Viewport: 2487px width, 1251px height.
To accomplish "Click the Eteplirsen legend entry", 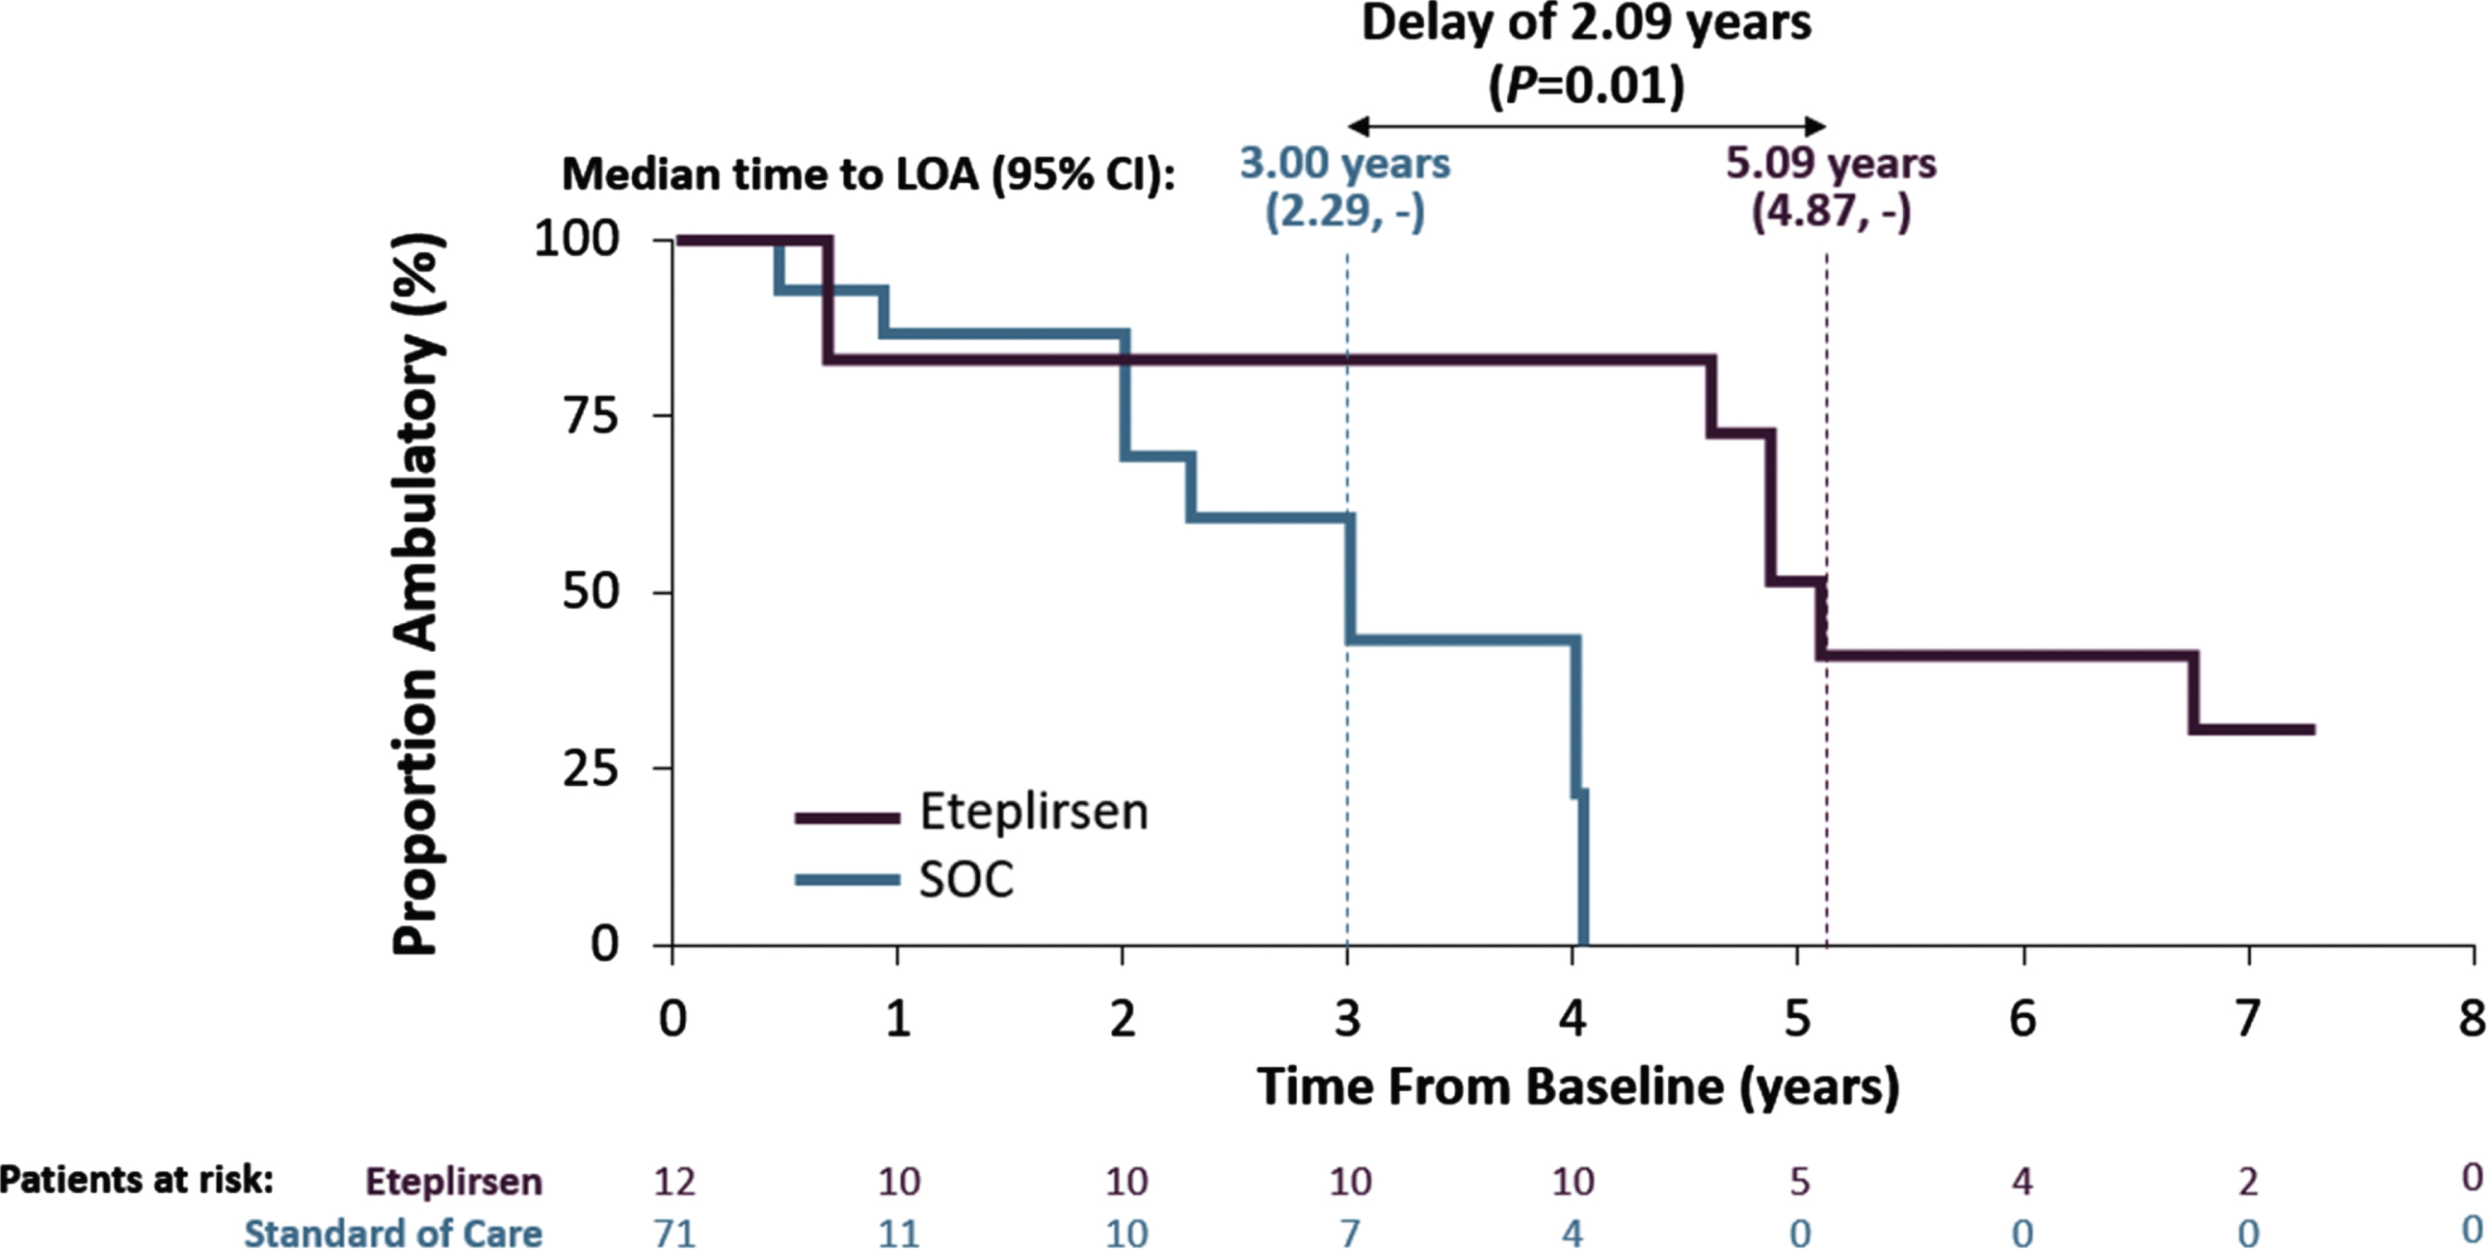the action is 971,813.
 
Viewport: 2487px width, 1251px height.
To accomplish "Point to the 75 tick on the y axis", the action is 590,416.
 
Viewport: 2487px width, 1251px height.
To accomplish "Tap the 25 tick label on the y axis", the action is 590,769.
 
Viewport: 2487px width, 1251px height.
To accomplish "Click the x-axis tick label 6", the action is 2023,1018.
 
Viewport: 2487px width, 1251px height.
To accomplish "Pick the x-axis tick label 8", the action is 2472,1018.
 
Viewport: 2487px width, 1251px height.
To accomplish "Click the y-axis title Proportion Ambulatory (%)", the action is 419,593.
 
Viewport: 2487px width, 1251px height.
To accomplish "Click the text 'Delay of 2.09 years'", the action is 1586,23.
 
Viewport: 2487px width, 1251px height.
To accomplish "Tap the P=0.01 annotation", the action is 1586,87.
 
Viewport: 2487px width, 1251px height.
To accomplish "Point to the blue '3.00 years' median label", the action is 1345,163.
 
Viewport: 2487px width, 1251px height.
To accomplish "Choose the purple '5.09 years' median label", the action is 1831,163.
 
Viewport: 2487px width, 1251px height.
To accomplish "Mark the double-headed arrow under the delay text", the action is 1586,125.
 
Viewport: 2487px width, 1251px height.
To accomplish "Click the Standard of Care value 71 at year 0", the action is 674,1233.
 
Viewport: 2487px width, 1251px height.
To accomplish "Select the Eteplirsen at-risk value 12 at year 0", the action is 674,1181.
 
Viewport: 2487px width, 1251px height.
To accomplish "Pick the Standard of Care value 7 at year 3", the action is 1349,1233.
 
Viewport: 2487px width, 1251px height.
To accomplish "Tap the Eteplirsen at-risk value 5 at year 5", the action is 1800,1181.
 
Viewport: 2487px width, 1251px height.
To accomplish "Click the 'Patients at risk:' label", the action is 137,1180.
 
